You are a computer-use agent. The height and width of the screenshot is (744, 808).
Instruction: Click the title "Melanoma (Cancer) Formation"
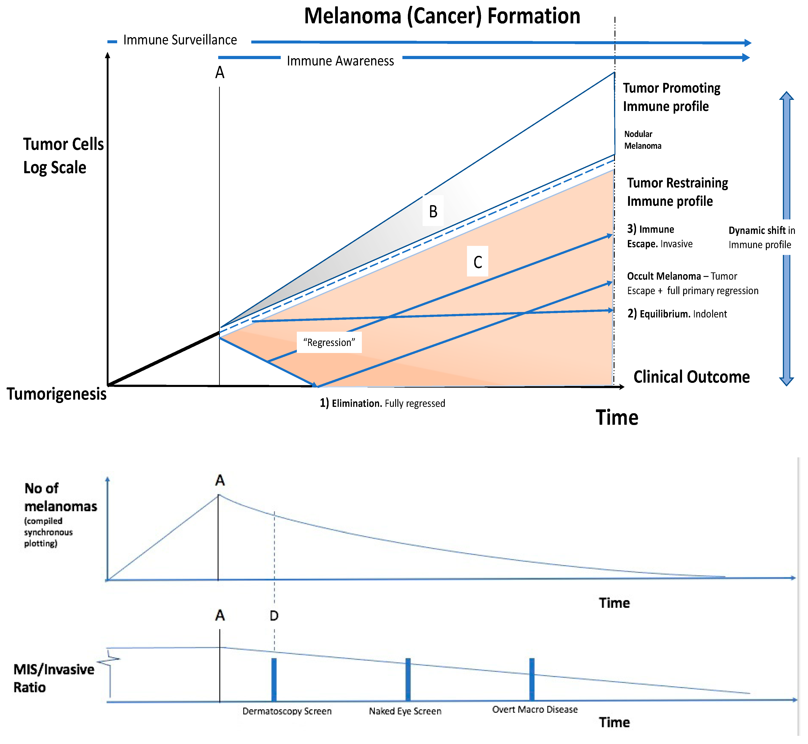442,16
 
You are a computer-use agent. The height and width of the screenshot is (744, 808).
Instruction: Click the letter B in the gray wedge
433,211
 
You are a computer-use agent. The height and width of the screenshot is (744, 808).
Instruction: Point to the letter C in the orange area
477,262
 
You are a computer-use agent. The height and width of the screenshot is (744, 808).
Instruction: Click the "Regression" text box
329,343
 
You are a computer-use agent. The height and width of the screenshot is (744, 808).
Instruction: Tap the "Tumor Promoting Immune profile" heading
671,97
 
